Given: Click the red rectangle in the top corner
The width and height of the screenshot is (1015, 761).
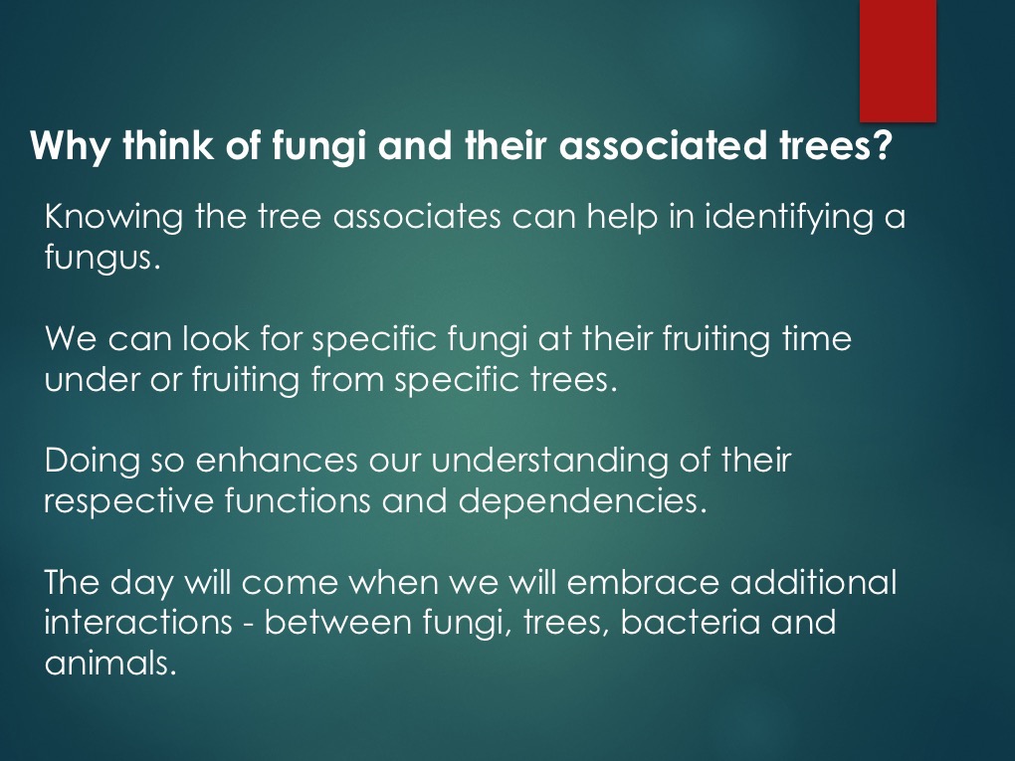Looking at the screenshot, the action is click(898, 60).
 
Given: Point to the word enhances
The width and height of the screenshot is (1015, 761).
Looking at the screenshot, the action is click(277, 461).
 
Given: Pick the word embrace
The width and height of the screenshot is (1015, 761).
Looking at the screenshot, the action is click(643, 582).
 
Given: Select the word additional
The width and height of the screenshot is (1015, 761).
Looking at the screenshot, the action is click(813, 582).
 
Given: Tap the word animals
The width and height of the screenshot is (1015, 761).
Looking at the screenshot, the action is click(110, 663).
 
